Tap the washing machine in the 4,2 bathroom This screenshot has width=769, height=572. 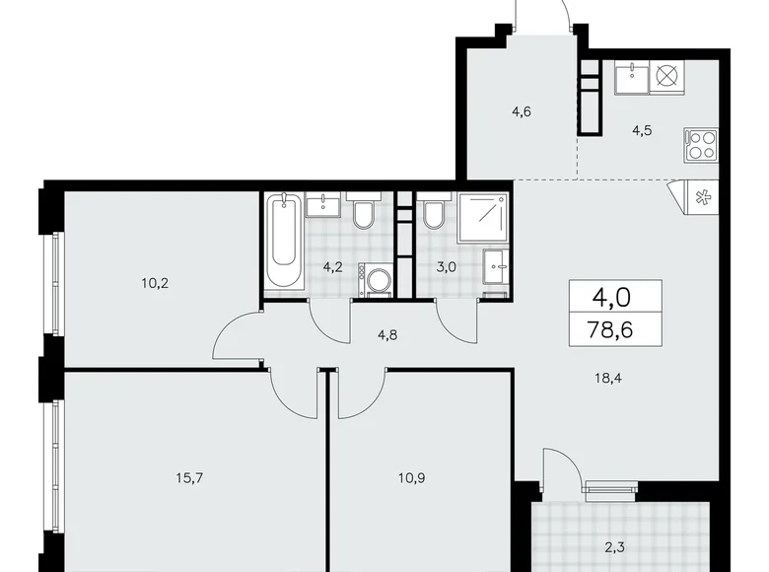point(374,278)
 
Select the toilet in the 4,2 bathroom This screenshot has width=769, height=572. point(363,214)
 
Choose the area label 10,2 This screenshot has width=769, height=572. point(155,282)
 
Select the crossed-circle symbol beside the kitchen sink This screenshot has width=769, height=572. point(666,76)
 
